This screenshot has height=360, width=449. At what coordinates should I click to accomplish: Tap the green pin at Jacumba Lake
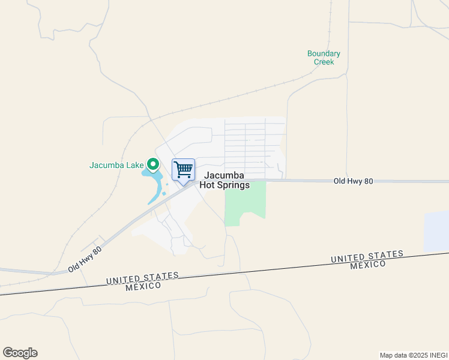point(153,163)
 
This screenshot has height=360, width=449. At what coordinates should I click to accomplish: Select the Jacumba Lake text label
point(116,165)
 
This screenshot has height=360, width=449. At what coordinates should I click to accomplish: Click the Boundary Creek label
point(324,58)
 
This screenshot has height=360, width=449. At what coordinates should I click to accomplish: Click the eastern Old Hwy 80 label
point(354,181)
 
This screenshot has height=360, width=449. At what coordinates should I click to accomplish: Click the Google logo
point(20,353)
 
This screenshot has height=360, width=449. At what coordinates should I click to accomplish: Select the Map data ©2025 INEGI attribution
point(412,355)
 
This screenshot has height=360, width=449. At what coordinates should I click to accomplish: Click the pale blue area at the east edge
point(436,232)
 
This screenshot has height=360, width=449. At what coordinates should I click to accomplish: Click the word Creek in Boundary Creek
point(324,62)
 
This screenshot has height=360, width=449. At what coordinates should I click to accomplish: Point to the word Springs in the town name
point(233,185)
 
